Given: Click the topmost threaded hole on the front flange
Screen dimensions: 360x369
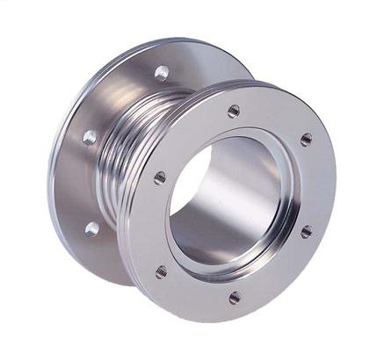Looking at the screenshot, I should (234, 112).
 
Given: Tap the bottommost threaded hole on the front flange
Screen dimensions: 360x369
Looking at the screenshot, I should (235, 298).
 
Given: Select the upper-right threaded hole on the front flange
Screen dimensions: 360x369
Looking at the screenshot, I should (306, 140).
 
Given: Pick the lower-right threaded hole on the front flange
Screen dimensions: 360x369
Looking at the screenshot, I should (306, 232).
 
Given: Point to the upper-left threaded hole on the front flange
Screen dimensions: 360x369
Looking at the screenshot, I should (160, 177).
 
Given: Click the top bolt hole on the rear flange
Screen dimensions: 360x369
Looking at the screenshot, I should (162, 72).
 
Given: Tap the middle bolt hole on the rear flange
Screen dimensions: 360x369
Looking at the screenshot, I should (90, 137).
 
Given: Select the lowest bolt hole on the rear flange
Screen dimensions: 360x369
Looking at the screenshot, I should (92, 229).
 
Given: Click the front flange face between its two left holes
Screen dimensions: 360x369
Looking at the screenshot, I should (151, 224).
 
